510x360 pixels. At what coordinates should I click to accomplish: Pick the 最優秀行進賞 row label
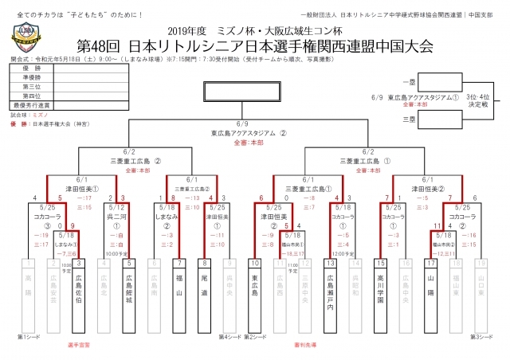point(32,104)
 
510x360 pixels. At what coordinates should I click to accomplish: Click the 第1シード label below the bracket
point(29,336)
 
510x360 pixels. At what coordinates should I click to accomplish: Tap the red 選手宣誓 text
point(79,345)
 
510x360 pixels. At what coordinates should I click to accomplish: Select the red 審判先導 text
point(305,345)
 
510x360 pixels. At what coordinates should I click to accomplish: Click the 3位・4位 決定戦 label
point(478,100)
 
